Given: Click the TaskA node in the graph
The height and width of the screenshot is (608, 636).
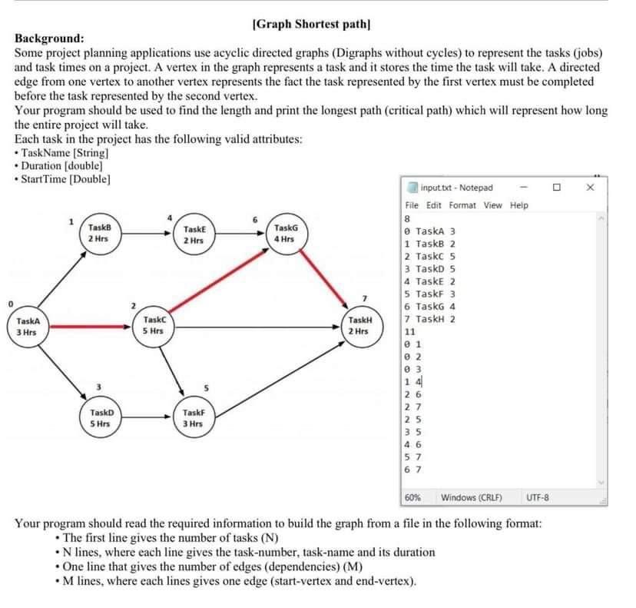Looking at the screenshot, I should click(x=27, y=327).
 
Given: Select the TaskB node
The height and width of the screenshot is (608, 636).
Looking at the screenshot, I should click(x=98, y=234).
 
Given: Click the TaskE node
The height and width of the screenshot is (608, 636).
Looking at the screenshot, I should click(x=193, y=234).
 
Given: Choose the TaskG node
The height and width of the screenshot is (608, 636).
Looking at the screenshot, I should click(x=285, y=234).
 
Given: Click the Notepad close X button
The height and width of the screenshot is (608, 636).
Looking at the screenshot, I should click(x=591, y=188).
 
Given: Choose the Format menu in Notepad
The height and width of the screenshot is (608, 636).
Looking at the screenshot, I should click(x=462, y=205).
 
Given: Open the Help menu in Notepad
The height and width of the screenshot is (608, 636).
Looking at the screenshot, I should click(x=519, y=205).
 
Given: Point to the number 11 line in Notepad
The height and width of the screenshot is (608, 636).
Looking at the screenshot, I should click(x=409, y=331).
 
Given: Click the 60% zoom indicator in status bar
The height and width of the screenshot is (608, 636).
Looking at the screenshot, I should click(x=412, y=498).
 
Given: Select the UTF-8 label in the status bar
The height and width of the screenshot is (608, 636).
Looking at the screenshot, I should click(x=538, y=498).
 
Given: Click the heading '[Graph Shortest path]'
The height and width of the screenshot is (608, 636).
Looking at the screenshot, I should click(x=311, y=24).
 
